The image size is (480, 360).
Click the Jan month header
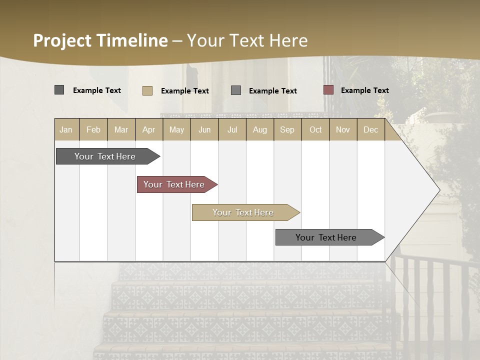(66, 129)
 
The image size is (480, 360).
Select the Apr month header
(148, 129)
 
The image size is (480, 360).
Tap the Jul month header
(232, 129)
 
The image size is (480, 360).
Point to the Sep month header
(287, 129)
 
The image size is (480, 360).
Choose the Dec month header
(370, 129)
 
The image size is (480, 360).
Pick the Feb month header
(93, 129)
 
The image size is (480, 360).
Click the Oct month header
(315, 129)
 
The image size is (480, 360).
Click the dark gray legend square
(59, 90)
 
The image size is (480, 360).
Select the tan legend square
(147, 90)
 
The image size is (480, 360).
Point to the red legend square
(328, 90)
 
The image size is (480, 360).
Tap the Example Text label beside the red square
(364, 90)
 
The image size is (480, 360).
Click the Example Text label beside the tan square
(184, 91)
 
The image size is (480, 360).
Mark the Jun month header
(204, 129)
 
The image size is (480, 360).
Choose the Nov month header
(343, 129)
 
